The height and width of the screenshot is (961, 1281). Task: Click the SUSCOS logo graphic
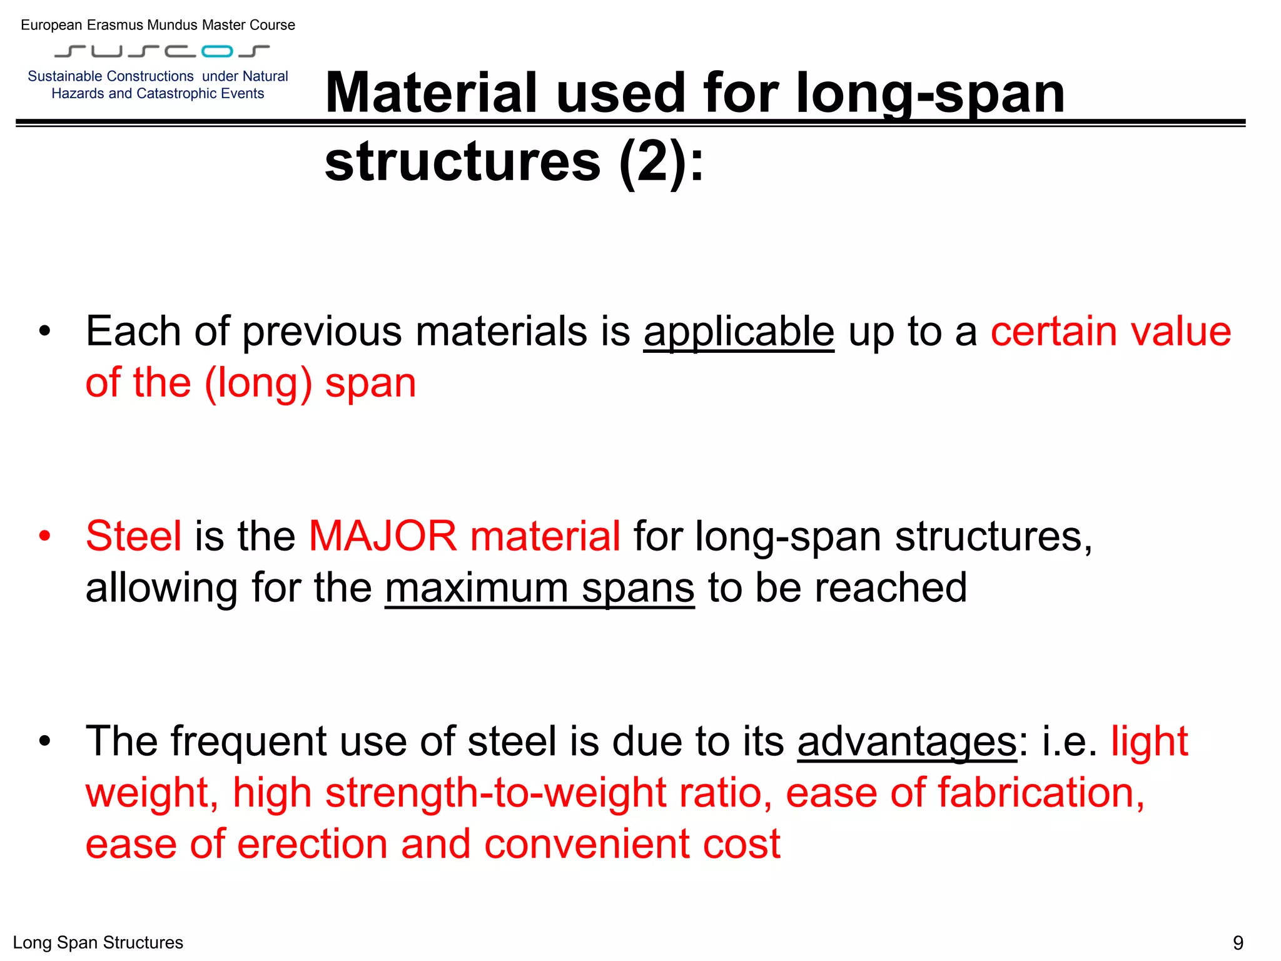click(x=162, y=51)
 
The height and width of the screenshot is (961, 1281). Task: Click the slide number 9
click(x=1237, y=942)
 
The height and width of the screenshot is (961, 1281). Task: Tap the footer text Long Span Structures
click(x=98, y=942)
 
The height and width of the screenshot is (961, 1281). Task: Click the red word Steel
click(x=134, y=536)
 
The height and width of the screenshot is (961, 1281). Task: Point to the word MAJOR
click(x=383, y=536)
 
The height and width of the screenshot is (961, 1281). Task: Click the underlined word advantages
click(x=907, y=742)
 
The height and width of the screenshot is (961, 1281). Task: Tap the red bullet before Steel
click(x=44, y=536)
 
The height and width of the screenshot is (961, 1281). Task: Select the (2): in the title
click(x=661, y=162)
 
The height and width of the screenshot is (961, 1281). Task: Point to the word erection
click(x=313, y=844)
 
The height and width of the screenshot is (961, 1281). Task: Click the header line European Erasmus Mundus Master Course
click(x=158, y=25)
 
